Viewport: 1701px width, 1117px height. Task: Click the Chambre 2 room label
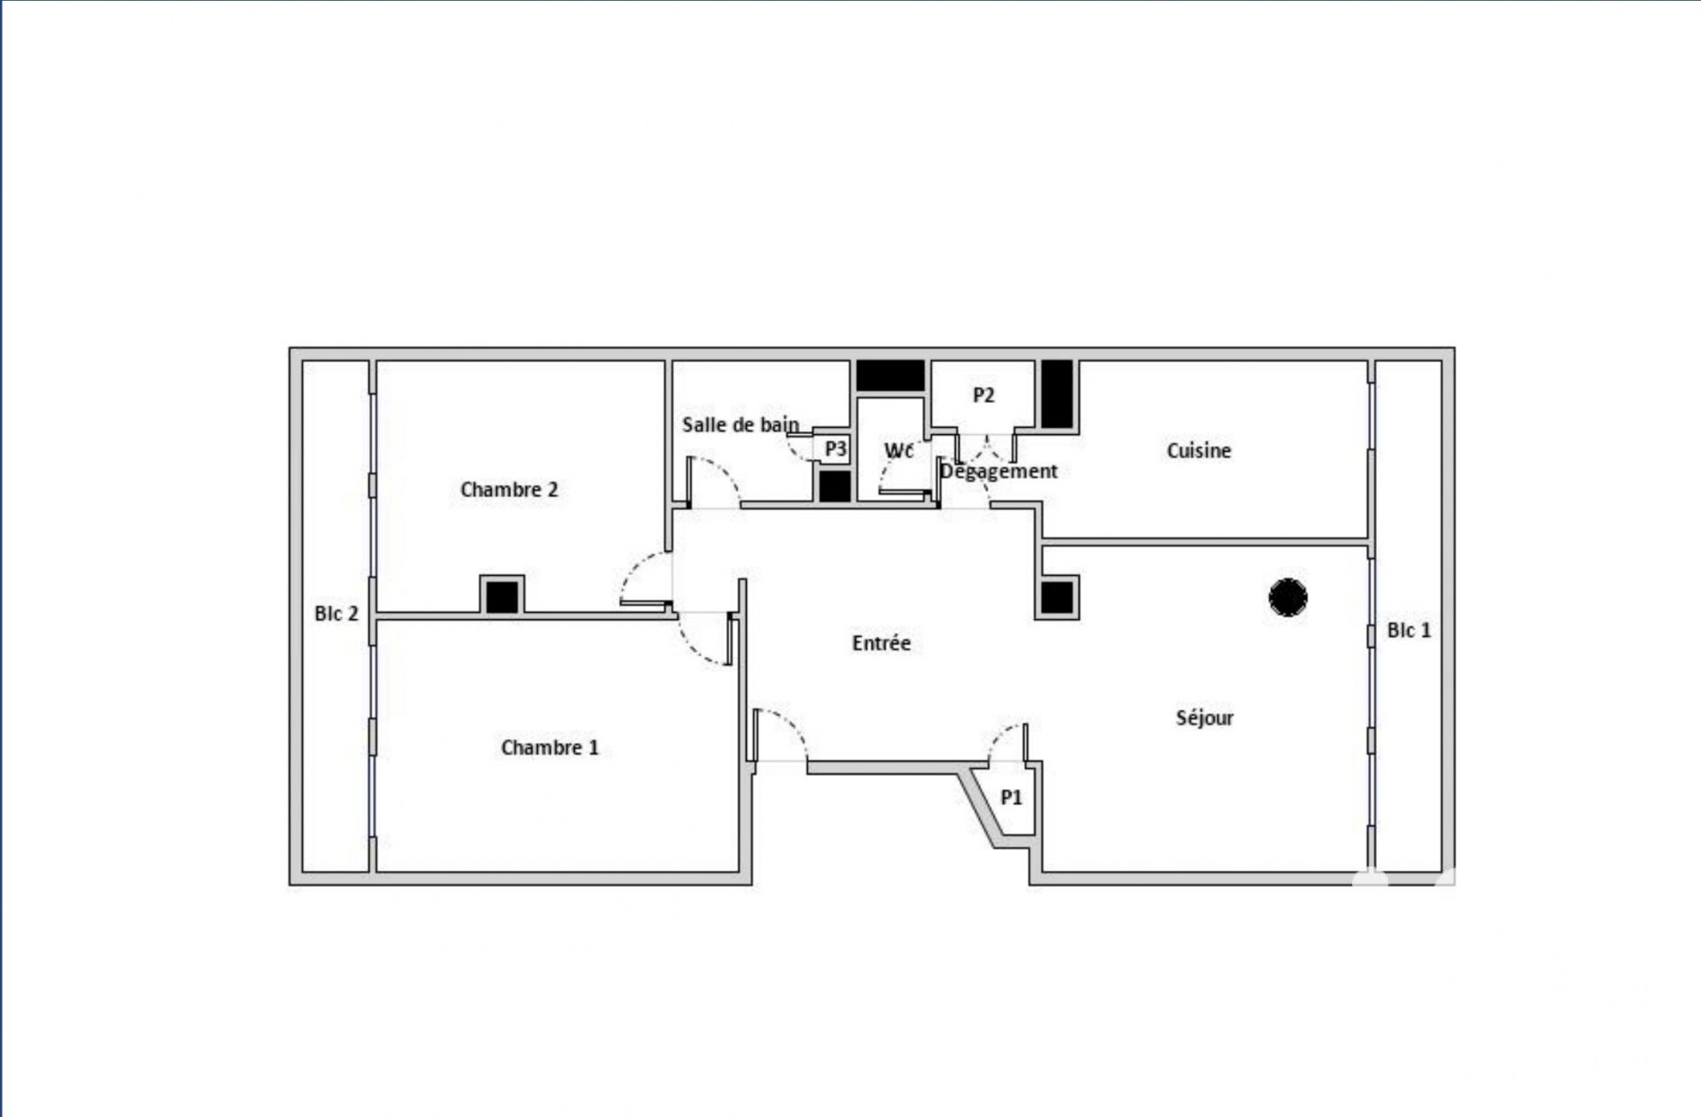(509, 490)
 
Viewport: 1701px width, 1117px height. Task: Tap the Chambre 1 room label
(549, 748)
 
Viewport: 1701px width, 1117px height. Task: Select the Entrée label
(881, 643)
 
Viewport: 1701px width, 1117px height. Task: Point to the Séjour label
(1204, 718)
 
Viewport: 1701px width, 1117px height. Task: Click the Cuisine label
(1199, 451)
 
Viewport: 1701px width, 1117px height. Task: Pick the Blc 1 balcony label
(1409, 631)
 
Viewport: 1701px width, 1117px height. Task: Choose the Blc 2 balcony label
(336, 614)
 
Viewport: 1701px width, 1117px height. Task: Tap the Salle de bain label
(740, 425)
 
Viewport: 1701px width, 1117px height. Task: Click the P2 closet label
(983, 395)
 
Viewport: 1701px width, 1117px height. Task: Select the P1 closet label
(1011, 798)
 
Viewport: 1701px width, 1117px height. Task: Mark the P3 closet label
(835, 449)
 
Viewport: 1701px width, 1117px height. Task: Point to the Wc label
(898, 451)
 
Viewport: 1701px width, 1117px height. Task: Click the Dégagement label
(998, 471)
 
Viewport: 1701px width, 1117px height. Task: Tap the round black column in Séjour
(1287, 597)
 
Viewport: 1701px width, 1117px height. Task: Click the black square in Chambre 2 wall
(502, 596)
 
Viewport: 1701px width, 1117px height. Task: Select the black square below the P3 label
(835, 486)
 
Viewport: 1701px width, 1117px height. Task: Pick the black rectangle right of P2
(1057, 394)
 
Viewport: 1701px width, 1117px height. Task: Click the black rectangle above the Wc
(890, 376)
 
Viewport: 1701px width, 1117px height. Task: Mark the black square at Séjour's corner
(1057, 597)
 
